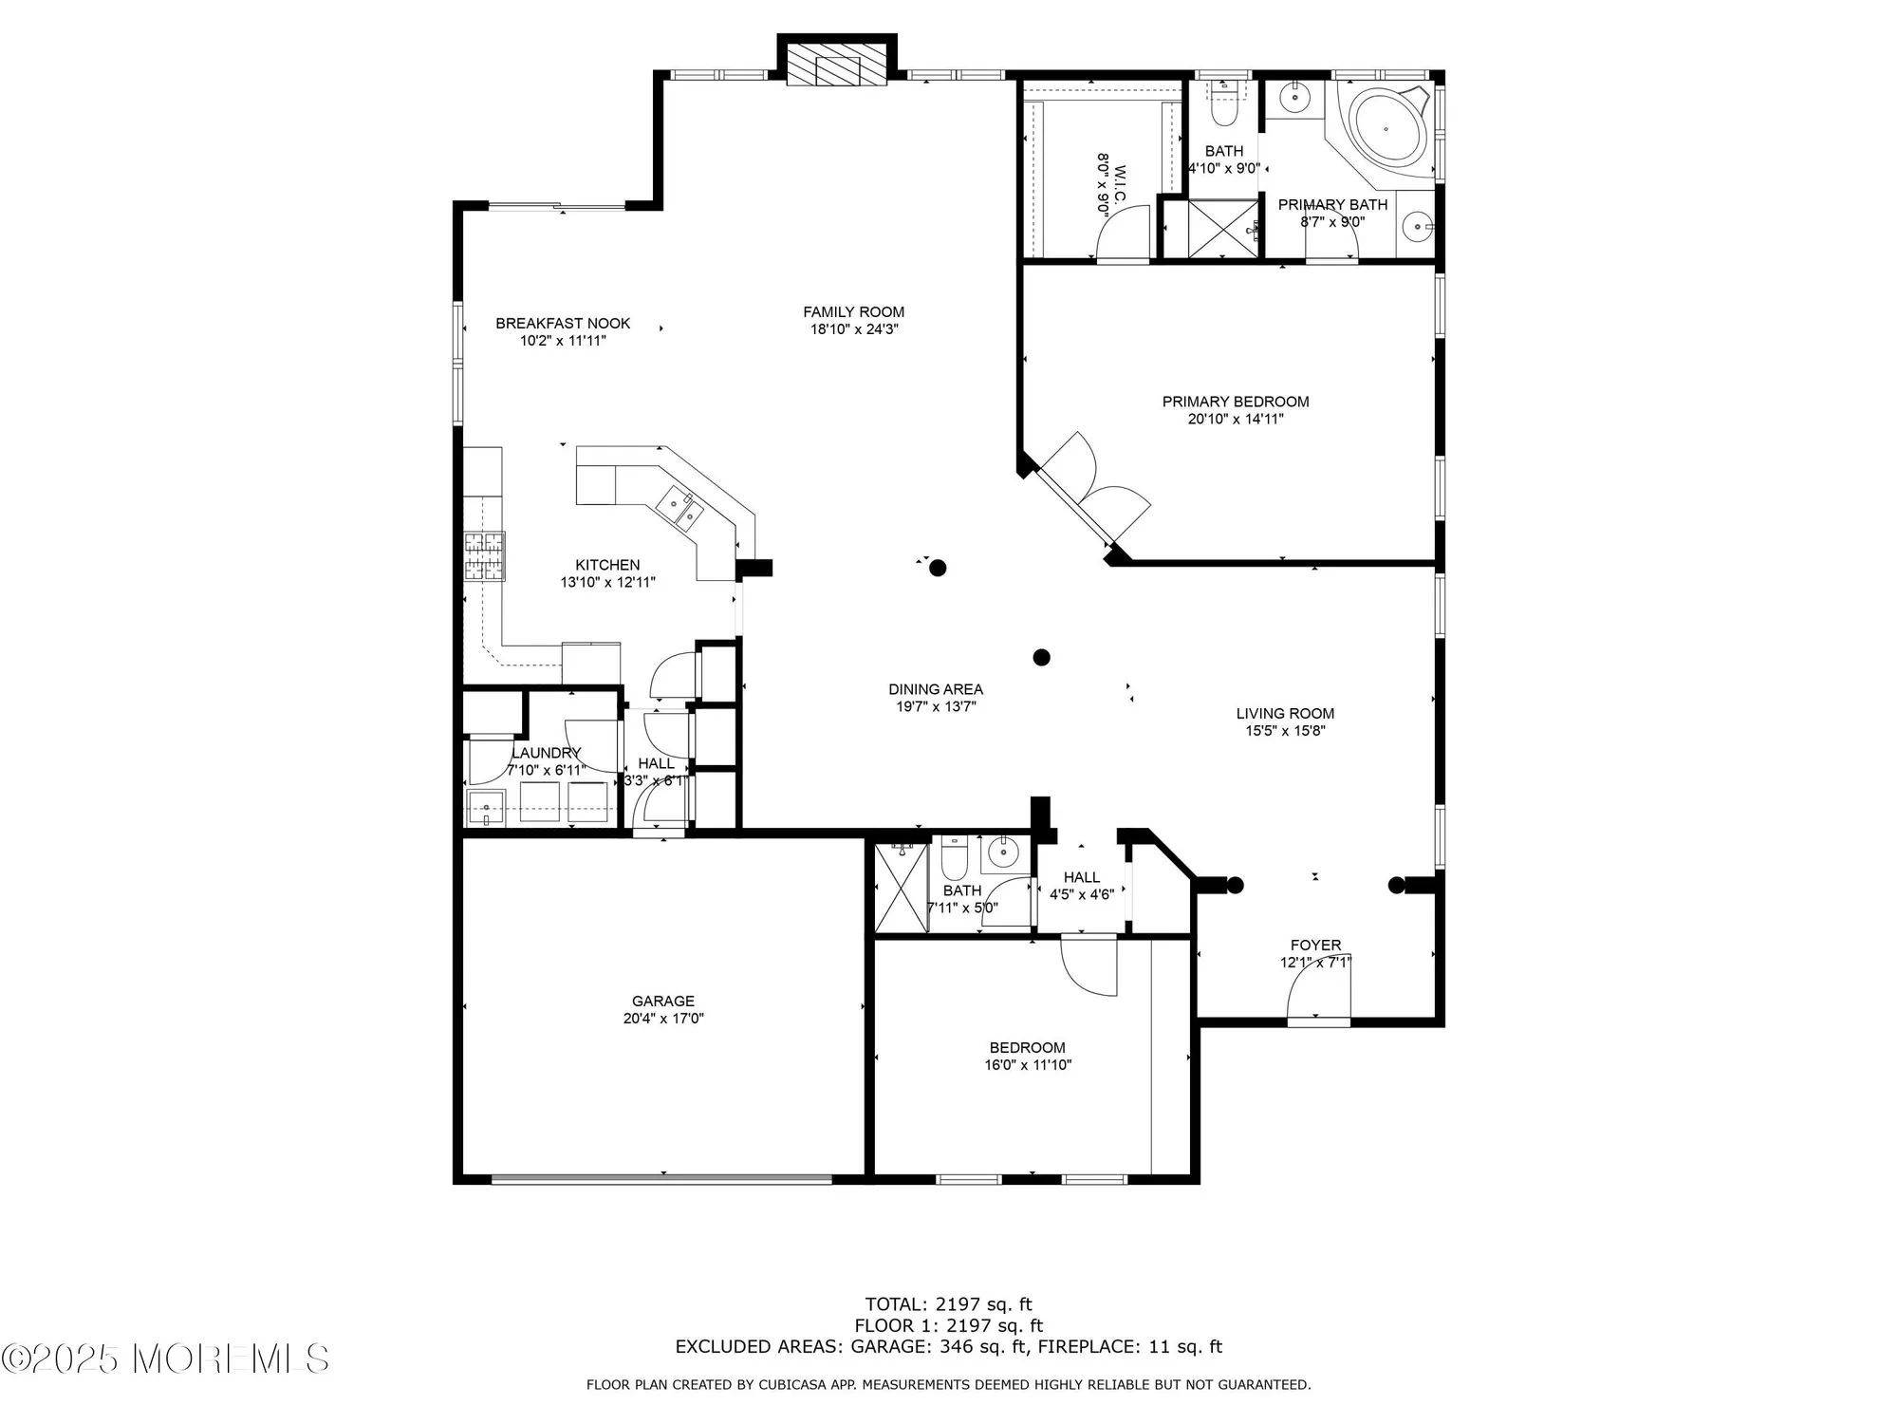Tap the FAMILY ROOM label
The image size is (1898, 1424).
coord(853,312)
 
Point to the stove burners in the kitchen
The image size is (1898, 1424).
coord(484,556)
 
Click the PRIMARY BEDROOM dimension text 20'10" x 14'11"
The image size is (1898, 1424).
coord(1235,419)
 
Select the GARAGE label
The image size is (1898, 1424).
coord(663,1001)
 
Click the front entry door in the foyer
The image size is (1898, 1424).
coord(1318,997)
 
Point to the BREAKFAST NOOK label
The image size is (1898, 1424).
coord(563,324)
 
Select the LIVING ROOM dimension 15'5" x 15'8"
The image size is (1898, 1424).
coord(1285,731)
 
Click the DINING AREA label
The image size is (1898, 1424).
coord(936,689)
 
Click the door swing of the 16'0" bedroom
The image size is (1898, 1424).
coord(1089,966)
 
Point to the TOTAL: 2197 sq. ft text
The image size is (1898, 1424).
coord(948,1304)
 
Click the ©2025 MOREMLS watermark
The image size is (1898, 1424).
coord(165,1358)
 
